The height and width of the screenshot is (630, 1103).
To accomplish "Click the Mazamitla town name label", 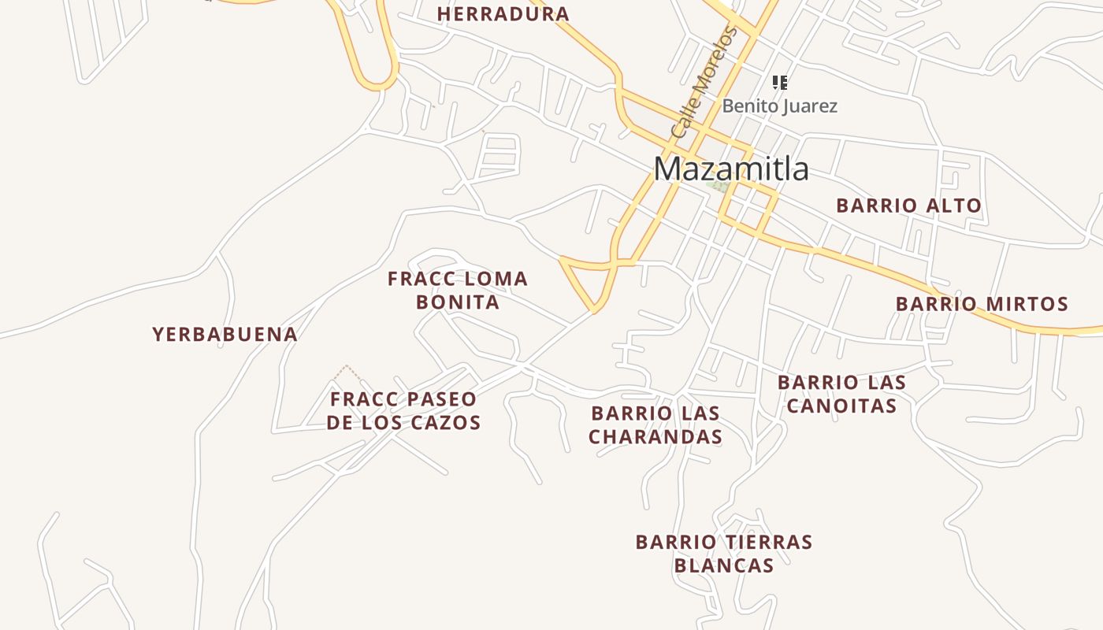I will click(x=731, y=169).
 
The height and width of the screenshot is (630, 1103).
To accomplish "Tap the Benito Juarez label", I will click(x=779, y=106).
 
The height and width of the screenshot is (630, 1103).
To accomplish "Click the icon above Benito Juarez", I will click(x=780, y=83).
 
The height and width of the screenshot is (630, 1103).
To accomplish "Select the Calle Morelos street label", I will click(x=704, y=83).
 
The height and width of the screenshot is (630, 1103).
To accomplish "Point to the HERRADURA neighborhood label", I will click(x=503, y=14).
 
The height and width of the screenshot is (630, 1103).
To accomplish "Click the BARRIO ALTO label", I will click(x=908, y=206).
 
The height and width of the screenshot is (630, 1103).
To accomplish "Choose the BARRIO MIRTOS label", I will click(x=982, y=304).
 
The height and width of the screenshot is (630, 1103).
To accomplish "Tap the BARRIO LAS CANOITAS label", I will click(x=841, y=394).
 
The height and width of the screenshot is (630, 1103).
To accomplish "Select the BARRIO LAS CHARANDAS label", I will click(x=655, y=424).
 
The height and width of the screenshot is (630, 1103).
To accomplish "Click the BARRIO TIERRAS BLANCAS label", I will click(x=724, y=554).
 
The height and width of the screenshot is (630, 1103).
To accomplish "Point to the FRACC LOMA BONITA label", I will click(x=458, y=290).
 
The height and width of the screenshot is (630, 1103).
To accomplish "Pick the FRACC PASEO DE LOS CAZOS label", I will click(x=403, y=410).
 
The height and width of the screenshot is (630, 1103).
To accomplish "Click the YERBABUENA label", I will click(x=225, y=334).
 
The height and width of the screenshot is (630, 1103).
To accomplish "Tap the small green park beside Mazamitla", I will click(x=720, y=187).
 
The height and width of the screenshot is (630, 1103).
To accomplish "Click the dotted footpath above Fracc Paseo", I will click(x=347, y=372).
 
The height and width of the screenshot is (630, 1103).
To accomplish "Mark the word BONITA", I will click(x=458, y=302).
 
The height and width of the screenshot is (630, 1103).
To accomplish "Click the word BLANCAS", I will click(x=724, y=565).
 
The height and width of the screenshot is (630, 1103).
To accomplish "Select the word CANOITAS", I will click(x=841, y=406).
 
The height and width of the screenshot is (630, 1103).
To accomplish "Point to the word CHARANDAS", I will click(x=655, y=436).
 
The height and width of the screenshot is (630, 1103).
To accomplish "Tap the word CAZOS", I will click(x=449, y=422).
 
